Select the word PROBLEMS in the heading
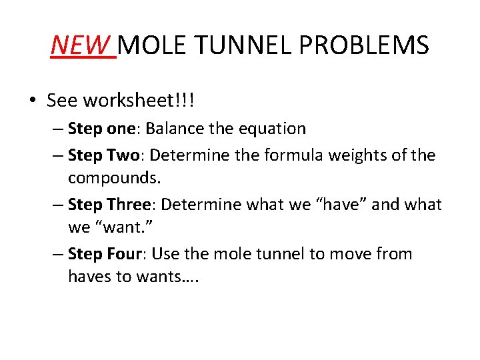click(x=364, y=45)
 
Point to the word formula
click(x=290, y=155)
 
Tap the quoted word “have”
click(x=342, y=205)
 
